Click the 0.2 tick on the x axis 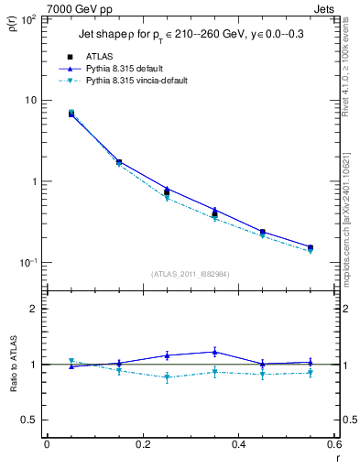(x=143, y=443)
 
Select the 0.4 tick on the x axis (x=238, y=443)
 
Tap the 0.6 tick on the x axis (x=333, y=443)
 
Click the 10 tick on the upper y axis (x=30, y=100)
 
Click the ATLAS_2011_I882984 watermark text (x=191, y=273)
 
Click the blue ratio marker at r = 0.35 (x=214, y=352)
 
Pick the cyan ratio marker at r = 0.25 (x=167, y=376)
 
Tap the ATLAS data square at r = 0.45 (x=262, y=233)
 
